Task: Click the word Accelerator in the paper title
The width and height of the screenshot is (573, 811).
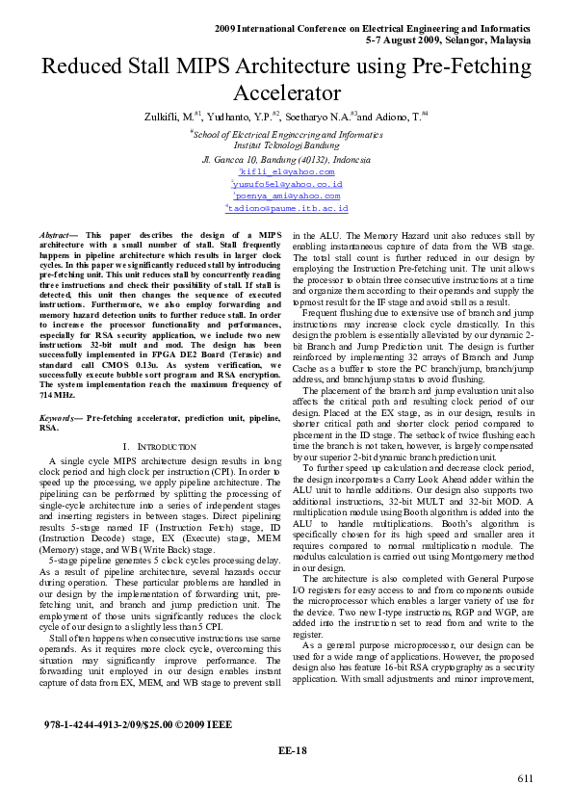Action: [286, 93]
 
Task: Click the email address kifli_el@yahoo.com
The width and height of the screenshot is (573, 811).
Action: [287, 170]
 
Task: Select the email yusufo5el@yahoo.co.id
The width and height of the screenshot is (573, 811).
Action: [287, 183]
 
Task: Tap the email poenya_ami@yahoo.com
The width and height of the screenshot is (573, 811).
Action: [287, 195]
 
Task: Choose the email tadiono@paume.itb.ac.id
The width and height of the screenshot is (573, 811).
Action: [287, 207]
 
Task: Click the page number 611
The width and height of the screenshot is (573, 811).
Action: [525, 778]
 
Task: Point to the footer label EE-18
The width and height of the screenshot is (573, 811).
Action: [292, 750]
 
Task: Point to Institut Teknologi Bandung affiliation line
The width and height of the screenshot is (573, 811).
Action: [286, 145]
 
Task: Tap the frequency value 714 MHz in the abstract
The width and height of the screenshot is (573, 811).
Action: [59, 395]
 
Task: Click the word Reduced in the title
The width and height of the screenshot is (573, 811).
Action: [82, 67]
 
